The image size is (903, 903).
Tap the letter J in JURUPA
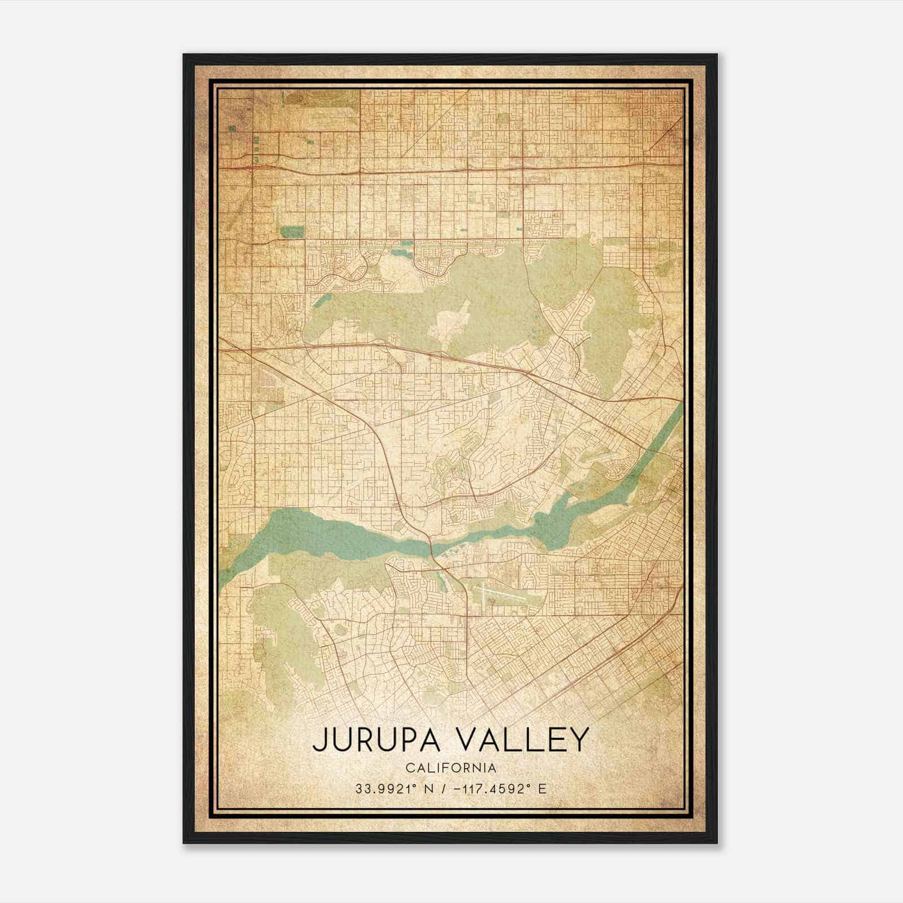click(x=319, y=740)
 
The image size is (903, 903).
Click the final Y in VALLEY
click(x=579, y=740)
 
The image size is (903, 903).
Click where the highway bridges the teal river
click(x=431, y=546)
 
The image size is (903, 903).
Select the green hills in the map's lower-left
click(x=282, y=638)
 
